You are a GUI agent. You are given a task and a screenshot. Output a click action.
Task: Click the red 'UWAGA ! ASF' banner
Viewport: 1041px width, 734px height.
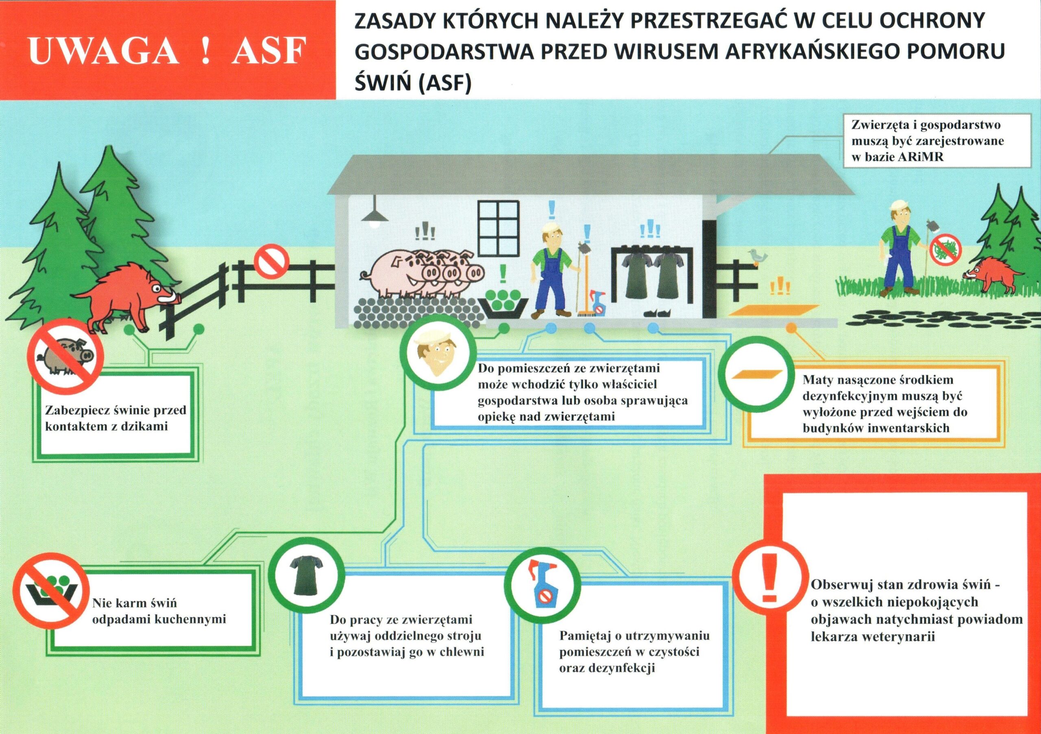pyautogui.click(x=168, y=50)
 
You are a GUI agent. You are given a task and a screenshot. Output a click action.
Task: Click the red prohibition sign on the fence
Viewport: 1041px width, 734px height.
pyautogui.click(x=271, y=261)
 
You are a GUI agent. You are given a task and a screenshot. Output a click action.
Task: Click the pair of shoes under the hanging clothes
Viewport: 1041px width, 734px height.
pyautogui.click(x=658, y=312)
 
